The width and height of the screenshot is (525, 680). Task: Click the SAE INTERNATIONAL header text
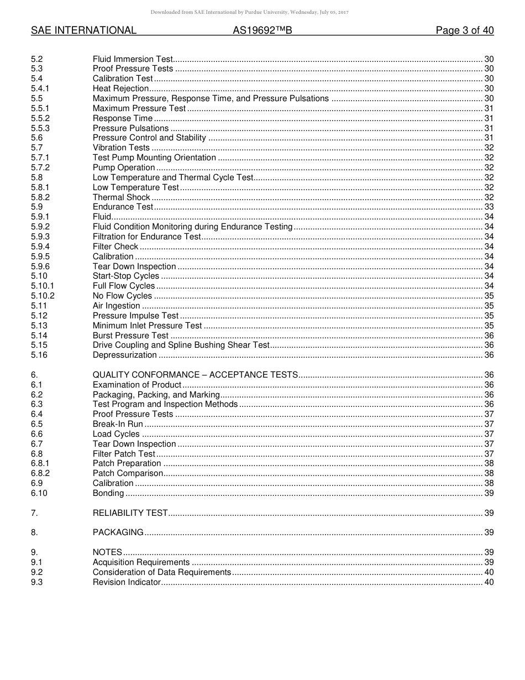[x=83, y=31]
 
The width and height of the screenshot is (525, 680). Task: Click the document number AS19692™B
[x=262, y=31]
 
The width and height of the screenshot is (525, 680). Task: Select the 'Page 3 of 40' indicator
[x=464, y=31]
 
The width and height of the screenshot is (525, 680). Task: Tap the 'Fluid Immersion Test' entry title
[x=133, y=59]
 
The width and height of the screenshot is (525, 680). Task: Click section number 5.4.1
[x=40, y=88]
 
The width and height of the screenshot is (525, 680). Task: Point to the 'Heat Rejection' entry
[x=120, y=88]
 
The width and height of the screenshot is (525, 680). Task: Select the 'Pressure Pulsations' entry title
[x=130, y=128]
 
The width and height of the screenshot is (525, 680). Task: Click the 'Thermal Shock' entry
[x=121, y=197]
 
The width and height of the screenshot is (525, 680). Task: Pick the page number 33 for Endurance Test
[x=489, y=207]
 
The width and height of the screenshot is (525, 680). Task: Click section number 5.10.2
[x=43, y=296]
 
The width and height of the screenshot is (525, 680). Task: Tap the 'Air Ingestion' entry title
[x=116, y=306]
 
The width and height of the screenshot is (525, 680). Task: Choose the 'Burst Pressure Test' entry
[x=130, y=336]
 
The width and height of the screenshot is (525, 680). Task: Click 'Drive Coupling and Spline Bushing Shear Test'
[x=181, y=345]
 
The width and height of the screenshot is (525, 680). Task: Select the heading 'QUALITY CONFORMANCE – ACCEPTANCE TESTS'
[x=195, y=375]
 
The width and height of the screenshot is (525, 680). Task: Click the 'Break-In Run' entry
[x=118, y=424]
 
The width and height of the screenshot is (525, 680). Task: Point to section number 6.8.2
[x=40, y=473]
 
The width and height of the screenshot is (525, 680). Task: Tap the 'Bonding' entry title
[x=108, y=493]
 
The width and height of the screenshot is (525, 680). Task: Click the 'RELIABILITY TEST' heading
[x=130, y=513]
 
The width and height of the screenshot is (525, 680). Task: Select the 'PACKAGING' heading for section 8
[x=118, y=532]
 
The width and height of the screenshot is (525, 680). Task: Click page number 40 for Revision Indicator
[x=489, y=582]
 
